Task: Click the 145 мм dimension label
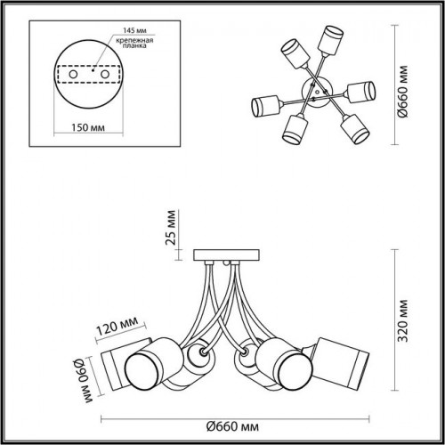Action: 134,30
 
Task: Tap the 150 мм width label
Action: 88,127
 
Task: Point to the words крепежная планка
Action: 134,43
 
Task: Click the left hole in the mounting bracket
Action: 73,74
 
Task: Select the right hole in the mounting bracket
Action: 105,74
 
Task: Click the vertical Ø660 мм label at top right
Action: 403,92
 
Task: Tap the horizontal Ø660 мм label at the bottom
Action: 232,427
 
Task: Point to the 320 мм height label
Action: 403,320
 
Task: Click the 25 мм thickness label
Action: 171,227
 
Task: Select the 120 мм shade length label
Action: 117,325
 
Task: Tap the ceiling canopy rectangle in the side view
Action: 227,255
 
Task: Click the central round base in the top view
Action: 316,91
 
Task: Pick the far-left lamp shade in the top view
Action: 265,106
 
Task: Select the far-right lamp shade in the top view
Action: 361,92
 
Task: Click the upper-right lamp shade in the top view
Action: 330,40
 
